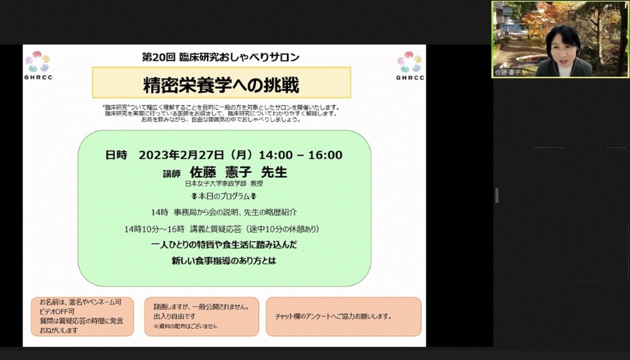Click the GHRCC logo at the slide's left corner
point(38,65)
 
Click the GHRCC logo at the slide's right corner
point(410,65)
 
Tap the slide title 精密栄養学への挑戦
point(221,85)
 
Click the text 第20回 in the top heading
point(158,57)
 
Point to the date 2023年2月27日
point(181,155)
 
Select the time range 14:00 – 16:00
point(300,155)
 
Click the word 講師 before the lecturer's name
point(172,174)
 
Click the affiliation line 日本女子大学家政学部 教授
point(224,184)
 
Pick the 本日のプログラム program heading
point(224,196)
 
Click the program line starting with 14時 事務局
point(224,212)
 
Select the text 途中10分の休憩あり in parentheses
point(283,229)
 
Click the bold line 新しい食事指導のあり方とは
point(224,261)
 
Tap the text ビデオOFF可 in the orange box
point(57,312)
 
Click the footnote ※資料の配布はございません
point(185,326)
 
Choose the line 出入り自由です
point(174,316)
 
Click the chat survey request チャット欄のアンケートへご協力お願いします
point(333,316)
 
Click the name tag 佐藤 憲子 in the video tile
point(507,72)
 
